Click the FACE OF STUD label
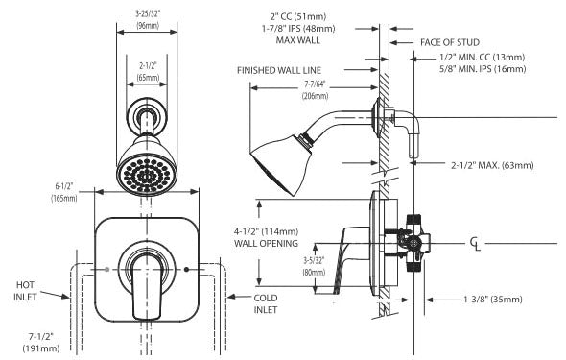450,42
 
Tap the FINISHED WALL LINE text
279,70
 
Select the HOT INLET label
25,291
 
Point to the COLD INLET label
266,304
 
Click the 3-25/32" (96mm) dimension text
148,20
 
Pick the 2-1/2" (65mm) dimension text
148,71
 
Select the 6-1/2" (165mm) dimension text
64,192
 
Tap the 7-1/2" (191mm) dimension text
41,343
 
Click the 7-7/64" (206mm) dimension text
315,90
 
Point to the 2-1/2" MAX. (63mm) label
492,165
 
